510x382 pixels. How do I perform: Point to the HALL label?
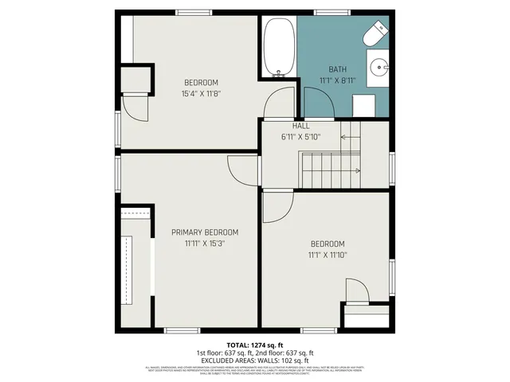click(x=301, y=127)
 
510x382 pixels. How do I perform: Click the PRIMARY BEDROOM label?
click(x=205, y=232)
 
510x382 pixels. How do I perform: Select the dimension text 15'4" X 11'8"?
click(x=201, y=93)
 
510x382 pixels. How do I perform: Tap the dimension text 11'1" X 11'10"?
click(x=328, y=255)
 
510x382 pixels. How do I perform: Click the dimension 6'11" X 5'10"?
click(x=301, y=137)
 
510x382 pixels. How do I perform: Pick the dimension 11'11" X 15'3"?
click(x=205, y=244)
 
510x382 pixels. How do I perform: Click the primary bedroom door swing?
click(x=241, y=169)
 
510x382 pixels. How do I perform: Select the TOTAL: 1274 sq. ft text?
click(x=254, y=345)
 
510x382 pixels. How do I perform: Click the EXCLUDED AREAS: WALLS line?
click(x=254, y=361)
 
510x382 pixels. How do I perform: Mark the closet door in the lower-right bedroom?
click(x=355, y=291)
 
